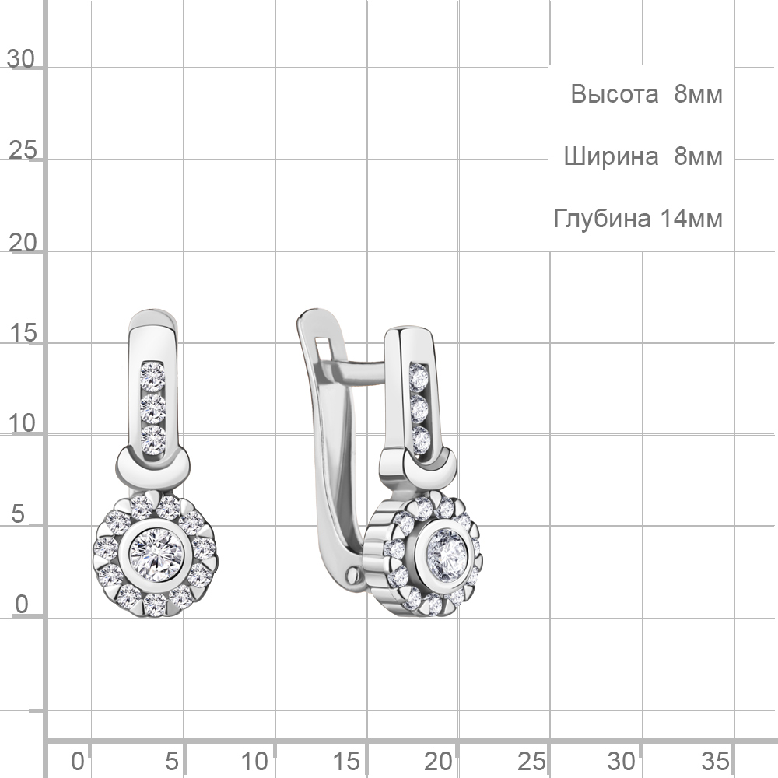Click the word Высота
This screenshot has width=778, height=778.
click(x=615, y=94)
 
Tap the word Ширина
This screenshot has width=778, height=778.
click(x=611, y=156)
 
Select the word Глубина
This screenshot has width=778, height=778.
click(x=602, y=219)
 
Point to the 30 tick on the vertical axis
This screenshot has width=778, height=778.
click(x=21, y=60)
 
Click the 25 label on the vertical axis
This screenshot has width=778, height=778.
click(x=23, y=150)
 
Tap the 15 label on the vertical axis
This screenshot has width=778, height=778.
click(x=23, y=332)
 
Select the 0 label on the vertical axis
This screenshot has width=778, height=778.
click(x=22, y=605)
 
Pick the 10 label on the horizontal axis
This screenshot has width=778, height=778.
click(x=255, y=761)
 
